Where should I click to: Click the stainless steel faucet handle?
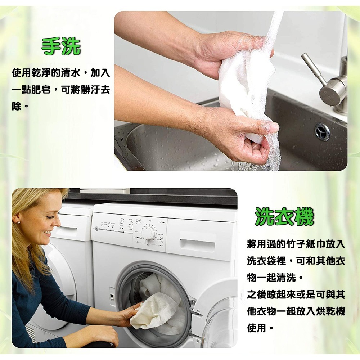313,68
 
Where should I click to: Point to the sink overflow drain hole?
323,132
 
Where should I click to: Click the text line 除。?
20,107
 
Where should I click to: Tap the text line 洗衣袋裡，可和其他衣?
296,261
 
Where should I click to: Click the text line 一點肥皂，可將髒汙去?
61,90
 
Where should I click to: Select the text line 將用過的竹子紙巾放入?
296,244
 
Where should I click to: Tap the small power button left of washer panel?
96,228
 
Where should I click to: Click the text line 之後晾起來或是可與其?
296,295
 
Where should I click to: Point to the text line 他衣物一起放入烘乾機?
296,311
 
